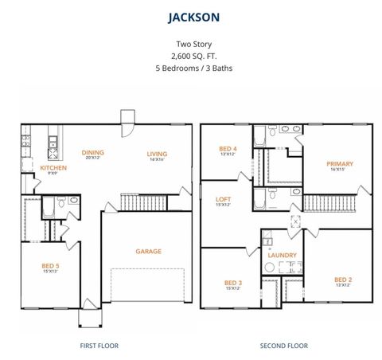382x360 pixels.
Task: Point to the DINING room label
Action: [93, 152]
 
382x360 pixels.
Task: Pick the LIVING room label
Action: [156, 153]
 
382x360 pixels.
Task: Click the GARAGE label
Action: [148, 251]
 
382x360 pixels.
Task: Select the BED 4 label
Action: [228, 149]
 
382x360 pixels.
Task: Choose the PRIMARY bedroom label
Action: [340, 164]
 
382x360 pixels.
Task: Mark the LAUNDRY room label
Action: [282, 256]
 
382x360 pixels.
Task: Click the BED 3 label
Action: [233, 283]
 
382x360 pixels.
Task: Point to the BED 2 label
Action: [343, 280]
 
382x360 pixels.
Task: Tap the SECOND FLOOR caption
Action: [284, 346]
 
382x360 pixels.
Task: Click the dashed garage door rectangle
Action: [147, 288]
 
